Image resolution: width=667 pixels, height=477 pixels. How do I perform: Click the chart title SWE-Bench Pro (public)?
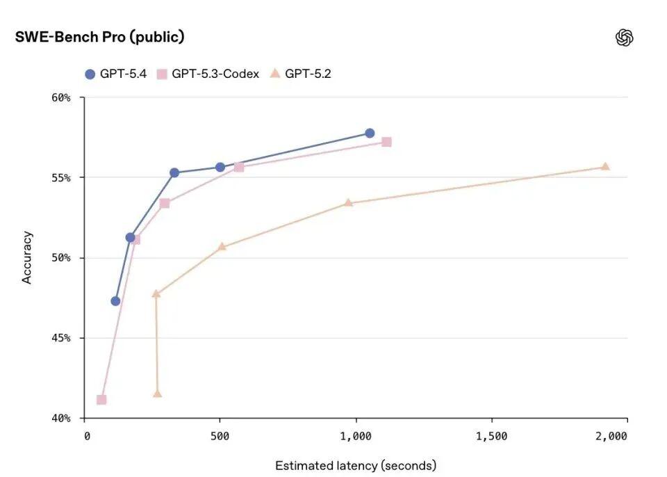click(100, 38)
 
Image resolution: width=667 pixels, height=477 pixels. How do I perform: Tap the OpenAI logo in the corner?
click(624, 38)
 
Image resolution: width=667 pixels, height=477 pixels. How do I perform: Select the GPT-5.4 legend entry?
click(115, 74)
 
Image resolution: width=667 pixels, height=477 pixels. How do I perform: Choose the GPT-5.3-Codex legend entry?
click(208, 74)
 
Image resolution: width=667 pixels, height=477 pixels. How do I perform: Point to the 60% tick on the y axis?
click(61, 97)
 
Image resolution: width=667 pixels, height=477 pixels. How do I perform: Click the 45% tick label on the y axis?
click(61, 338)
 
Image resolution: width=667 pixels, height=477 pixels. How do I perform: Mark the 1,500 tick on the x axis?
click(491, 436)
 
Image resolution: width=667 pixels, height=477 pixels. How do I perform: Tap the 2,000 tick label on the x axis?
click(611, 436)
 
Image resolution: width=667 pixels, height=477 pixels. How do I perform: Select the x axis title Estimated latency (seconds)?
click(356, 465)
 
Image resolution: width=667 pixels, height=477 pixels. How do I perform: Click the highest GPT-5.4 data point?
click(370, 133)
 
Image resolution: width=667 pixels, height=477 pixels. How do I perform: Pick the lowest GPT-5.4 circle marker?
click(115, 301)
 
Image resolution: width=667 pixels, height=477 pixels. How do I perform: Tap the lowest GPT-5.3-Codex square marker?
click(101, 400)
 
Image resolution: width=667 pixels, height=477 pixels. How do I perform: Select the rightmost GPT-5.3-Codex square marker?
click(386, 142)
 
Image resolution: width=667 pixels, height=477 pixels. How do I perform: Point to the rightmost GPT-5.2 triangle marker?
click(605, 166)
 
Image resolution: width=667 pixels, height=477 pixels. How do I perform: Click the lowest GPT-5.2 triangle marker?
click(157, 394)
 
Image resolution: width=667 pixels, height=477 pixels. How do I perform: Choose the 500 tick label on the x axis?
click(220, 436)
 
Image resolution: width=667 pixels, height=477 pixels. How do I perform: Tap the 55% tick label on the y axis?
click(61, 177)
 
